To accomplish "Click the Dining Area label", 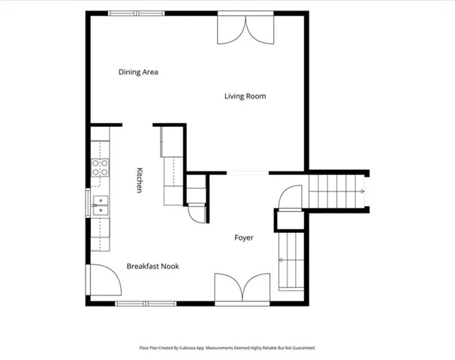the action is point(138,72).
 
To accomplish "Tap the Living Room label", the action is point(246,96).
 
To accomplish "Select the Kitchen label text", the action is point(140,180).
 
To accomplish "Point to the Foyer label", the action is point(244,237).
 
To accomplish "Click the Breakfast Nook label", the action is point(152,266).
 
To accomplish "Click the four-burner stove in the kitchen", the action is point(100,168).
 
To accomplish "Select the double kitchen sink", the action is point(101,205).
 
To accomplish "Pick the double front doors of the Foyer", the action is point(243,289).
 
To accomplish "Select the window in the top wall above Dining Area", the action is point(137,13).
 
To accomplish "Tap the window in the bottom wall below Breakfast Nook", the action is point(146,304).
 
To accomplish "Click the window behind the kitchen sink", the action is point(88,203).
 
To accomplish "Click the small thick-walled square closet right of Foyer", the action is point(290,220).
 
